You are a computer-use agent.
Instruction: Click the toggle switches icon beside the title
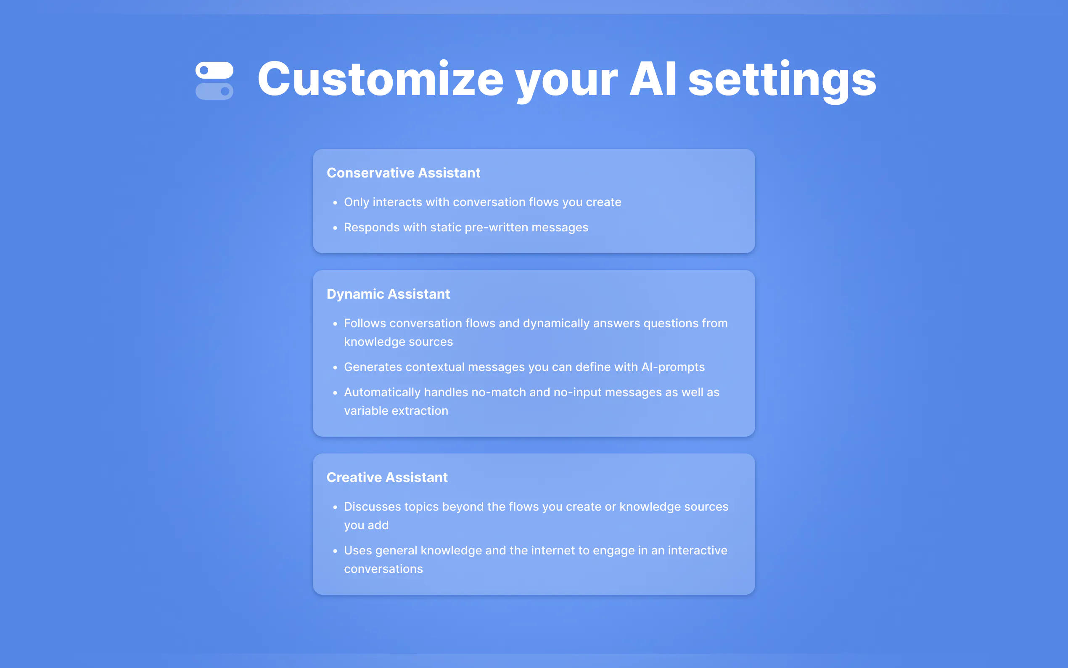(x=214, y=80)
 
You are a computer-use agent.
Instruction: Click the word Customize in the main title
(x=381, y=80)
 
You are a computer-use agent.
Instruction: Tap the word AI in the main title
(x=653, y=79)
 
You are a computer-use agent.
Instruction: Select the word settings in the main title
(x=782, y=82)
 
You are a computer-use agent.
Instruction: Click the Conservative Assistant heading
(x=403, y=173)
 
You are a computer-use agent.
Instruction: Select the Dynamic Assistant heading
(x=388, y=294)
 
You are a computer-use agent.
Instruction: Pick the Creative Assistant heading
(x=387, y=477)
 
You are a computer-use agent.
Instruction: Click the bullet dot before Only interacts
(x=335, y=203)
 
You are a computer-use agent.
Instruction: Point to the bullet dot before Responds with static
(x=335, y=228)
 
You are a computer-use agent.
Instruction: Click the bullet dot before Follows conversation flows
(x=335, y=324)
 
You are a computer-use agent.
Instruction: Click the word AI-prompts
(x=673, y=367)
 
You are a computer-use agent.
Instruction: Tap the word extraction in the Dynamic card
(x=422, y=411)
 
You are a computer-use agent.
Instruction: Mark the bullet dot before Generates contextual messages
(x=335, y=368)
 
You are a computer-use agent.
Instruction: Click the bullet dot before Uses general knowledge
(x=335, y=551)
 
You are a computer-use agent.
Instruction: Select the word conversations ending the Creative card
(x=383, y=569)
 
